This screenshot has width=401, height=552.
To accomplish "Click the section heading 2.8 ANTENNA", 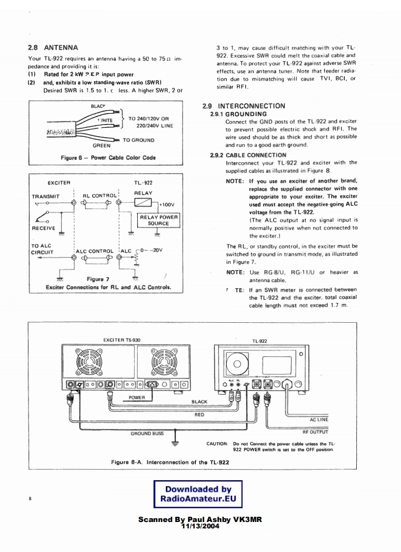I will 53,48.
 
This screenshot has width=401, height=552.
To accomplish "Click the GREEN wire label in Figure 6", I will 101,146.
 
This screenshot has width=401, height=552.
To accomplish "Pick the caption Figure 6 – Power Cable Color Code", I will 108,158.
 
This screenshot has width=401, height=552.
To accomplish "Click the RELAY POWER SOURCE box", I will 158,220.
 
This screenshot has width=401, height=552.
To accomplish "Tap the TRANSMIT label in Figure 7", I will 46,196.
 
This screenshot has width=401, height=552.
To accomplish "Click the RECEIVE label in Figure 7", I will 44,228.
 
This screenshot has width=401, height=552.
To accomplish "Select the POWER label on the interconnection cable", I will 137,397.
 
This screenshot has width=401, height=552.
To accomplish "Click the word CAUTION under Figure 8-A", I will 216,443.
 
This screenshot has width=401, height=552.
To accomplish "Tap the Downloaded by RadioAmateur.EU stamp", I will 198,494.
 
